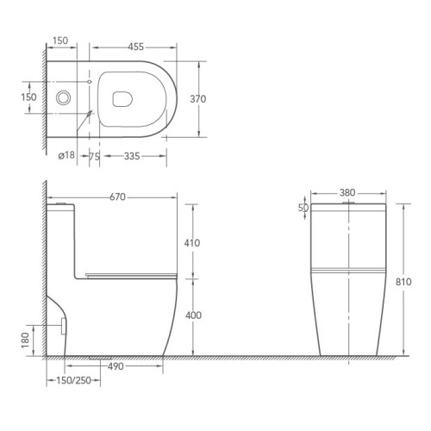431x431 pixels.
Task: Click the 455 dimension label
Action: [x=135, y=47]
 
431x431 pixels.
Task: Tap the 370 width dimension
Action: [x=198, y=99]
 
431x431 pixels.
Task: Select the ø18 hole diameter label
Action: [x=66, y=155]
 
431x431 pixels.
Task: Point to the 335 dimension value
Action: [x=132, y=156]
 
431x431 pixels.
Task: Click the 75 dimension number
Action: [x=94, y=157]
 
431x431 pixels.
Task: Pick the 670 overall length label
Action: [x=117, y=197]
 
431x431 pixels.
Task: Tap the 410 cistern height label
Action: [x=192, y=243]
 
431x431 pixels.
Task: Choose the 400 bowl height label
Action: [x=193, y=315]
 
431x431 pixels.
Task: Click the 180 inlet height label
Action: [x=25, y=340]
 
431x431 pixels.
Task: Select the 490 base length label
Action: [x=116, y=366]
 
